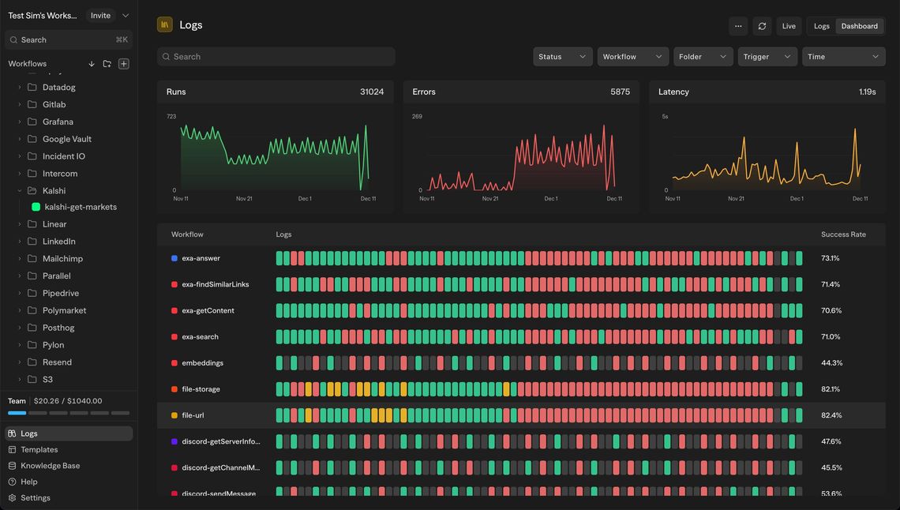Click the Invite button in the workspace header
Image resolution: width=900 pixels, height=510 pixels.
pos(100,15)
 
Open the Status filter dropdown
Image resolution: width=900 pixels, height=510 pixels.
pos(562,57)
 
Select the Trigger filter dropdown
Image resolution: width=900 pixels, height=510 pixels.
pos(767,57)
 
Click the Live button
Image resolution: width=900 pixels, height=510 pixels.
pos(788,26)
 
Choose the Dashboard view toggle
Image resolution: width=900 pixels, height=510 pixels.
pos(859,26)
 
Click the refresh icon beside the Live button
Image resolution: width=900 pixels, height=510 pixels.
pos(761,26)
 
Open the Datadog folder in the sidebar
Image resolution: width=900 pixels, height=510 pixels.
pos(58,87)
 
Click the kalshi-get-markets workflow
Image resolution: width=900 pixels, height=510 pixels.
pos(80,207)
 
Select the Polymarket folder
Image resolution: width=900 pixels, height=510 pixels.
pos(64,310)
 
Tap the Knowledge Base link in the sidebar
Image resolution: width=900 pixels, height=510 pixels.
pos(50,466)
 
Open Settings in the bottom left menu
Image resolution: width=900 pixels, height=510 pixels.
pos(35,497)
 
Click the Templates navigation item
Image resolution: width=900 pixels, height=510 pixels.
pos(39,449)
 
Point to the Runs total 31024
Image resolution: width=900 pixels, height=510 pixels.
pos(372,92)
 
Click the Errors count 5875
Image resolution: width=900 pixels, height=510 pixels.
pos(620,92)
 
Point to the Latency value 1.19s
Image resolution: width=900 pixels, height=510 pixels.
pos(867,92)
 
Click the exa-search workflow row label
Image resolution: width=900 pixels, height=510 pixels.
pos(200,336)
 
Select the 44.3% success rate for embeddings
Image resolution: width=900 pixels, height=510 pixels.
pos(831,363)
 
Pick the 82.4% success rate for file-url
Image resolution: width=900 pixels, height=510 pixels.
pos(831,415)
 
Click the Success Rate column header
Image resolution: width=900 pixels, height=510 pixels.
pos(843,234)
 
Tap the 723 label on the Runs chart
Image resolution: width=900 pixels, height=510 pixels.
pos(171,117)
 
